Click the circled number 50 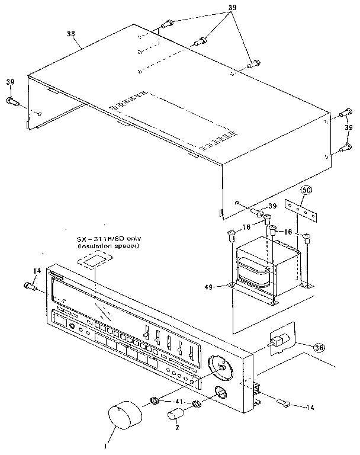(x=306, y=191)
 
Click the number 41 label (x=176, y=402)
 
